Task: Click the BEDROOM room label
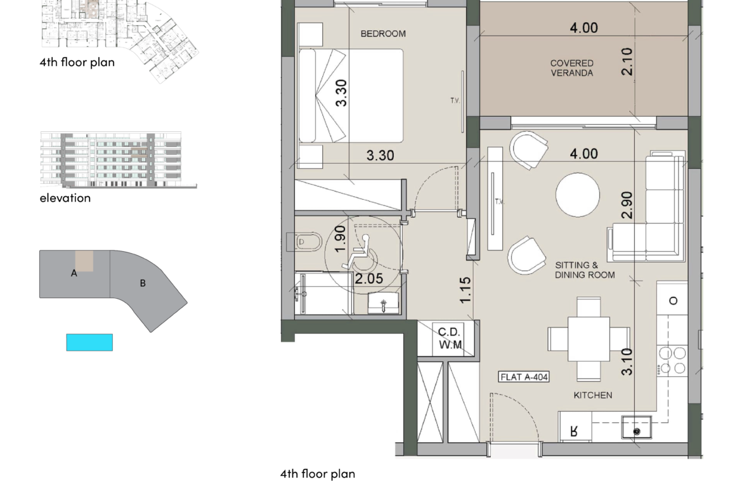(x=383, y=34)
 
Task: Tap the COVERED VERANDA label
(x=571, y=68)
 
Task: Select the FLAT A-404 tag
(x=524, y=377)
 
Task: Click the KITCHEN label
(x=593, y=395)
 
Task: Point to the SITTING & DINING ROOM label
(x=585, y=270)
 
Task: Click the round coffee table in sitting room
(x=578, y=195)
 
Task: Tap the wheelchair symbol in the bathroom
(x=360, y=252)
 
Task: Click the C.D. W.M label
(x=450, y=339)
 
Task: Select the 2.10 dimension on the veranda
(x=627, y=62)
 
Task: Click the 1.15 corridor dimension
(x=465, y=290)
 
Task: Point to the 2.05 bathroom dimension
(x=369, y=279)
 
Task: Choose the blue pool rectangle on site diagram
(x=89, y=343)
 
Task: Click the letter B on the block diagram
(x=143, y=284)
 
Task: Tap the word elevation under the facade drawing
(x=65, y=198)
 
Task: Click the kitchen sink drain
(x=637, y=431)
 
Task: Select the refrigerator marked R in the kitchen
(x=575, y=427)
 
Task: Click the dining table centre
(x=589, y=339)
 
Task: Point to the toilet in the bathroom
(x=304, y=242)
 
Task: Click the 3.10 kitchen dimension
(x=627, y=362)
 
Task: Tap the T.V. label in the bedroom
(x=455, y=101)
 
